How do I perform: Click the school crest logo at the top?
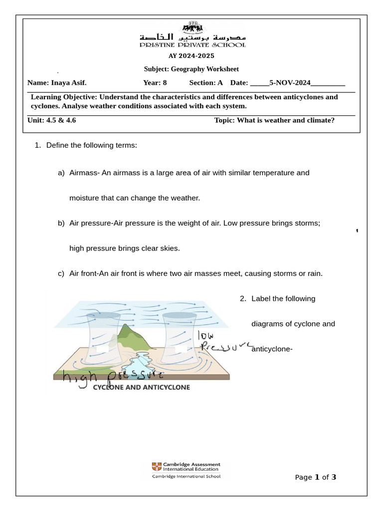point(192,26)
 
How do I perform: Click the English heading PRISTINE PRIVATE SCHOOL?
point(192,45)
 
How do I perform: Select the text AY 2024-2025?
point(191,56)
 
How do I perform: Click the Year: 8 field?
point(155,83)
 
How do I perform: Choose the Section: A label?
point(205,83)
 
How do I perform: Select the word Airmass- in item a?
point(85,173)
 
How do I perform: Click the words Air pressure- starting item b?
point(91,223)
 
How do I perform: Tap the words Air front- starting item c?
point(85,273)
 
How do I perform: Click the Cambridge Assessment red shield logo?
point(157,467)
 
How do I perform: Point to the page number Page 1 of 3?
point(316,477)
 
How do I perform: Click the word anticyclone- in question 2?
point(272,349)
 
